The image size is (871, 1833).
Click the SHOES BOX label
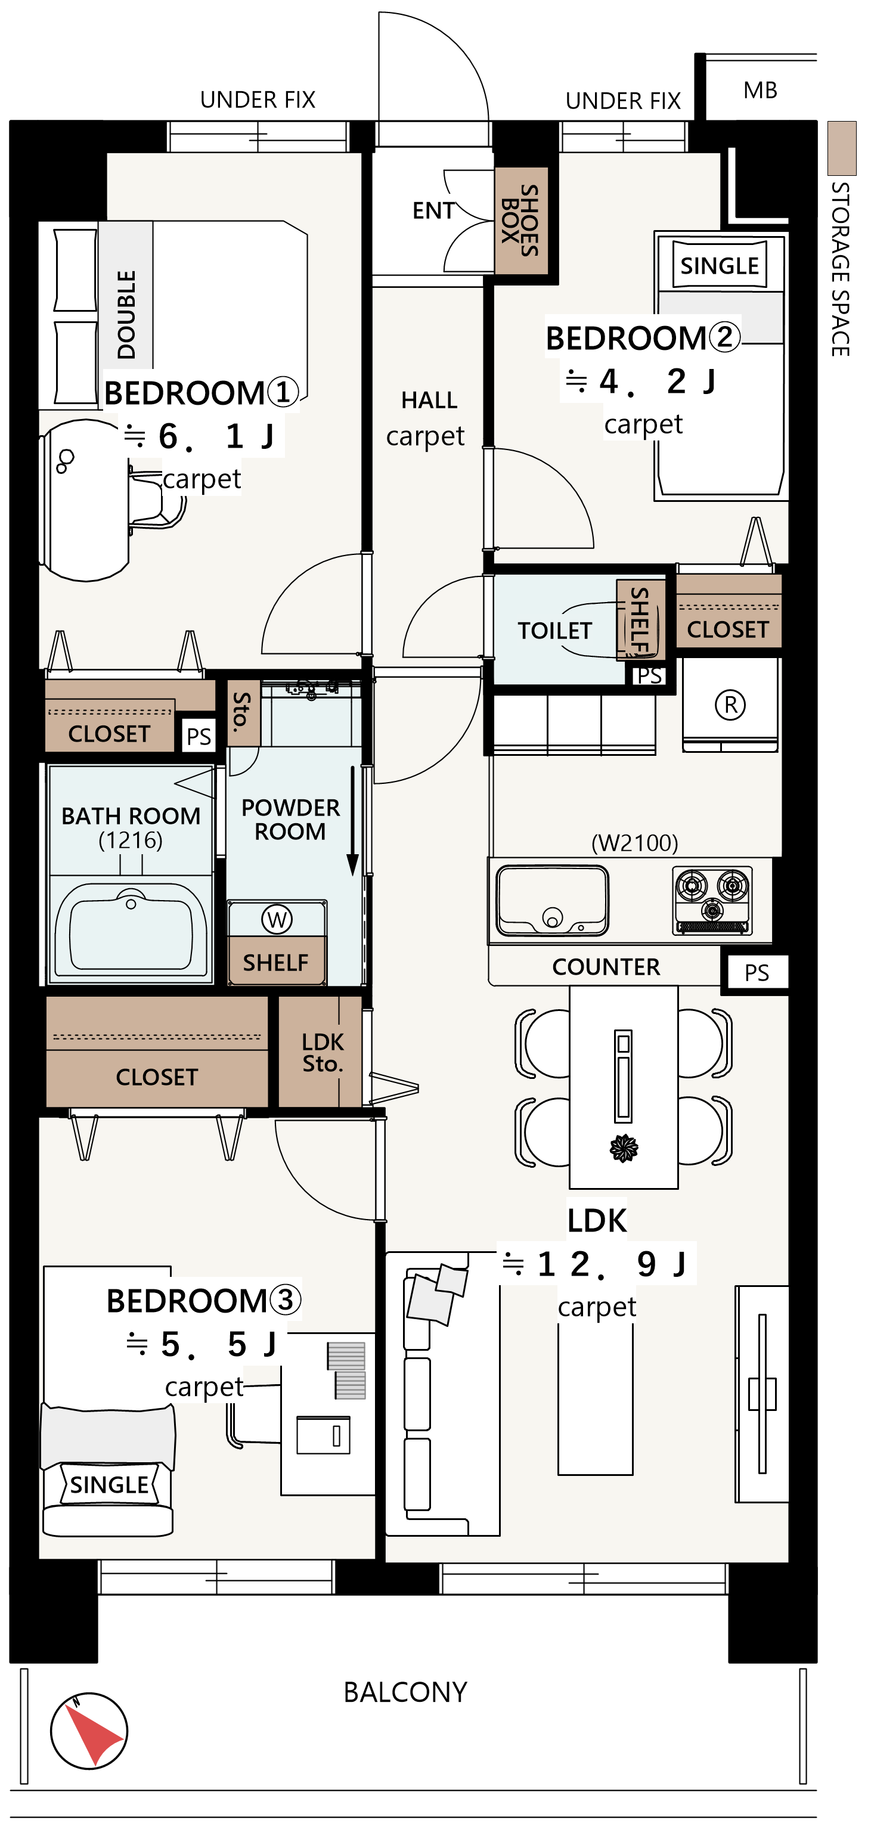pyautogui.click(x=520, y=220)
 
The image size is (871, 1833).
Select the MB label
pyautogui.click(x=760, y=91)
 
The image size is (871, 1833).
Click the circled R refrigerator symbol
pyautogui.click(x=730, y=705)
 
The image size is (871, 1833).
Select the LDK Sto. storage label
pyautogui.click(x=323, y=1053)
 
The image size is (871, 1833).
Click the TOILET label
pyautogui.click(x=554, y=631)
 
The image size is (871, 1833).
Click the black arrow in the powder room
pyautogui.click(x=352, y=821)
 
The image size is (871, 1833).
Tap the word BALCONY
pyautogui.click(x=405, y=1692)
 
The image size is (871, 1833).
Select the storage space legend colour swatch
pyautogui.click(x=842, y=148)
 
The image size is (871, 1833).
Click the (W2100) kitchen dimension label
pyautogui.click(x=635, y=843)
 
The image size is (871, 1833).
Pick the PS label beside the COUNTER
pyautogui.click(x=757, y=973)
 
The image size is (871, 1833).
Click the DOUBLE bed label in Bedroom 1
pyautogui.click(x=126, y=315)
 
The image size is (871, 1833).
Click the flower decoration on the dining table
pyautogui.click(x=624, y=1147)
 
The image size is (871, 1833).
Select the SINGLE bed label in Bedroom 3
pyautogui.click(x=109, y=1484)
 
